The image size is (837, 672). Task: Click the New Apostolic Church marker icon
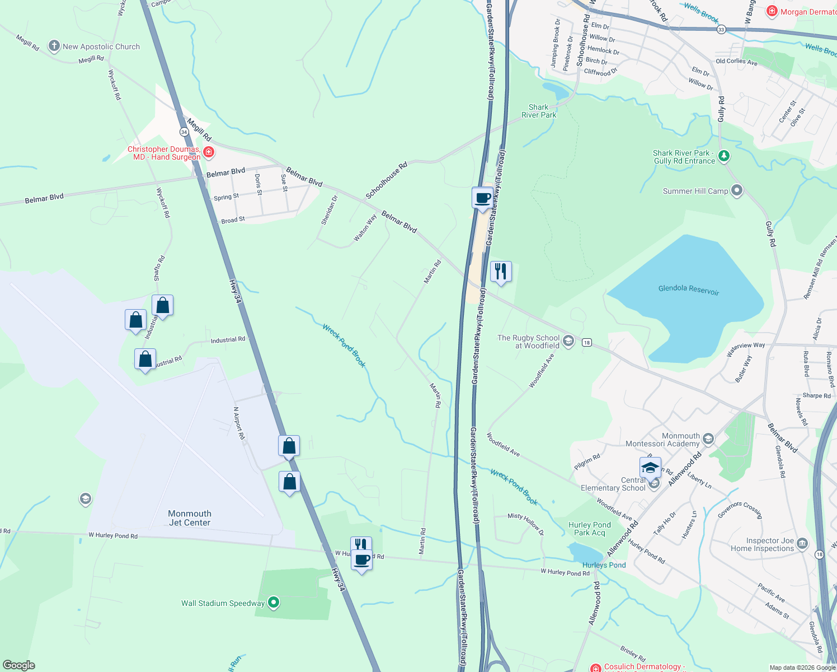click(x=54, y=46)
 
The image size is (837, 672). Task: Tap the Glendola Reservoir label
click(x=688, y=289)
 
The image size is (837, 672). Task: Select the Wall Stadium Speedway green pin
click(x=274, y=603)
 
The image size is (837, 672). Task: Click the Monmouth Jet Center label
click(x=190, y=518)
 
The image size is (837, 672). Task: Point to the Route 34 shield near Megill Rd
click(x=184, y=132)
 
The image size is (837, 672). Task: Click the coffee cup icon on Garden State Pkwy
click(x=482, y=198)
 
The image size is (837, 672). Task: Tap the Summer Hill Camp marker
click(x=737, y=191)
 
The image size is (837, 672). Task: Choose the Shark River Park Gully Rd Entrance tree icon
click(x=724, y=156)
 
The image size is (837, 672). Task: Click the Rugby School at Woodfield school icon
click(x=568, y=341)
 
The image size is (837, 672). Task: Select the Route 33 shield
click(x=721, y=30)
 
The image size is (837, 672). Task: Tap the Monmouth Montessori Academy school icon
click(x=708, y=438)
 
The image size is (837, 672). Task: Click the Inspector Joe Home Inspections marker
click(x=802, y=543)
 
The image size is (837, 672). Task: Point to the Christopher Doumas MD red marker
click(x=209, y=152)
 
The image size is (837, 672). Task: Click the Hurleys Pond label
click(x=604, y=565)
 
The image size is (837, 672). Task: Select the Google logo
click(x=19, y=665)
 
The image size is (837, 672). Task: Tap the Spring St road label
click(x=226, y=197)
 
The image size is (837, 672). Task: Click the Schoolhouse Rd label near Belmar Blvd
click(x=386, y=180)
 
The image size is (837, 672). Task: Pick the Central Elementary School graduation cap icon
click(x=650, y=468)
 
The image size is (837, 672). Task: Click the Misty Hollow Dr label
click(x=525, y=524)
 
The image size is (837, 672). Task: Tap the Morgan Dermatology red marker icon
click(x=772, y=11)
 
